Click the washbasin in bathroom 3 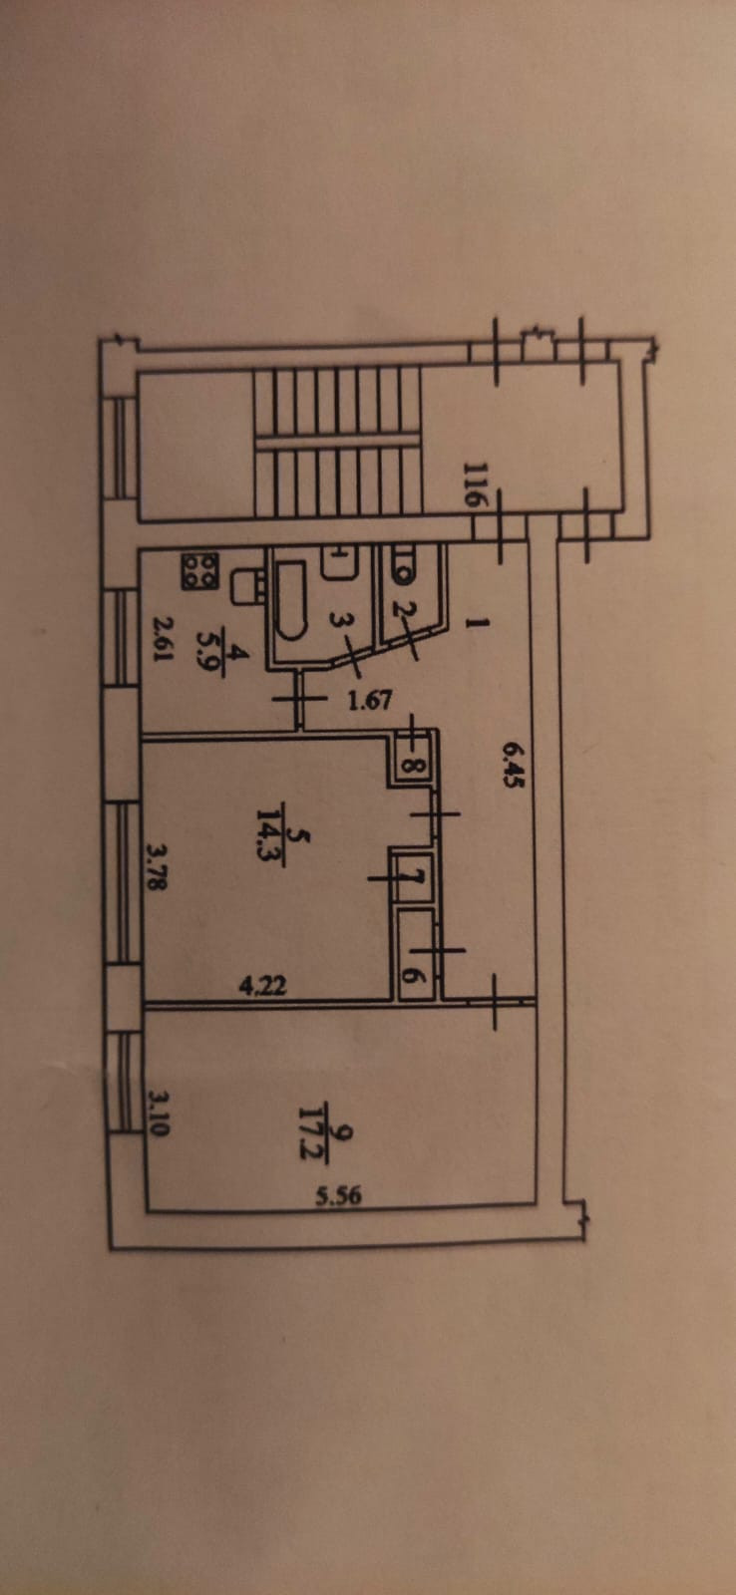point(337,563)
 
